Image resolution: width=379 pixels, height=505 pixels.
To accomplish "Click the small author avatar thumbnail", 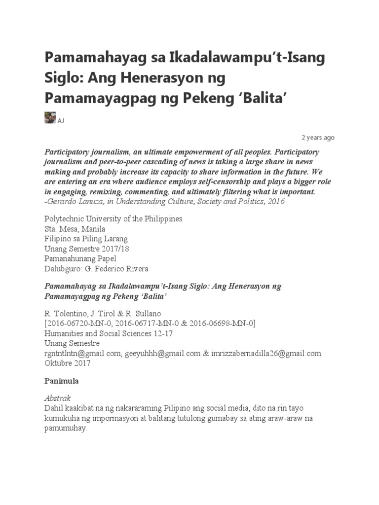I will [50, 118].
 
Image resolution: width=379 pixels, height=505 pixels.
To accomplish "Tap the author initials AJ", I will [61, 121].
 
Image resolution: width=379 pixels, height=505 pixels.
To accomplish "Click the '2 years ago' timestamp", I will [318, 138].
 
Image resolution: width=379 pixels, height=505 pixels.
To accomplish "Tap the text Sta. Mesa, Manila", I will [75, 229].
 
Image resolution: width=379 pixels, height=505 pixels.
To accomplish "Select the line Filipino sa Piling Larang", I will [86, 239].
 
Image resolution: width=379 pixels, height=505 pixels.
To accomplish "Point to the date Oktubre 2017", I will [68, 363].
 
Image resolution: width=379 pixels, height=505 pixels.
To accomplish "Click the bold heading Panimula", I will [61, 381].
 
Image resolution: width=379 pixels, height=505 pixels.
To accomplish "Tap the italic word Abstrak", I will [58, 398].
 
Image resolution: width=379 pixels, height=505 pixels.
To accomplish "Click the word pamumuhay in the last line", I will [65, 429].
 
